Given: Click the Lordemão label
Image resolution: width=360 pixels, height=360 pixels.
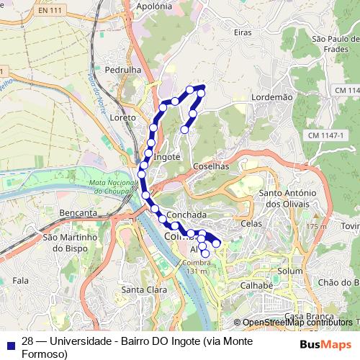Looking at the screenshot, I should [271, 96].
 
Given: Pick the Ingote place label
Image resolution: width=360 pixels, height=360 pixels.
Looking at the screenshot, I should [166, 156].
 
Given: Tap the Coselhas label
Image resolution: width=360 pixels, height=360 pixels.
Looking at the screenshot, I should [211, 166].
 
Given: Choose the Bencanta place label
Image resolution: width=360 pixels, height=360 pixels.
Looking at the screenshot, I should [79, 213].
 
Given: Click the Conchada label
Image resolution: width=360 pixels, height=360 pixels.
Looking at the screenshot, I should [186, 215].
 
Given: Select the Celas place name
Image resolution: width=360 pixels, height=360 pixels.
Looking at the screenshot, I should [252, 224].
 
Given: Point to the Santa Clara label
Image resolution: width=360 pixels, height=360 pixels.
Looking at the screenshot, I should [140, 290].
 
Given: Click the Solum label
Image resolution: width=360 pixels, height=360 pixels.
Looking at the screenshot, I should [290, 271].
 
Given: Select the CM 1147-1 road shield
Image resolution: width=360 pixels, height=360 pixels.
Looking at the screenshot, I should [327, 135].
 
